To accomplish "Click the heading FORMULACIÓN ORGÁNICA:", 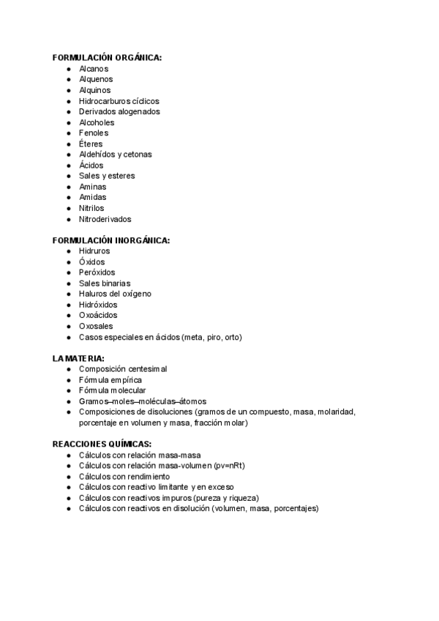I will coord(107,57).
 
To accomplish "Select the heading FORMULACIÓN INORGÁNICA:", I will coord(111,240).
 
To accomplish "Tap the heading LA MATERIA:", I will coord(78,358).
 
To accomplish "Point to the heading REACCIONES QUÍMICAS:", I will coord(102,444).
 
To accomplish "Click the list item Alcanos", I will coord(94,68).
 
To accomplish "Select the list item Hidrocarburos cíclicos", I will coord(119,100).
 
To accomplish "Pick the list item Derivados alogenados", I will coord(119,111).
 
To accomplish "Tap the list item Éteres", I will coord(91,144).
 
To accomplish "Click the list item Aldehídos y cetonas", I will coord(116,155).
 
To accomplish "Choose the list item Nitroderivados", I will coord(105,219).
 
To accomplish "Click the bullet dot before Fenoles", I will coord(68,133).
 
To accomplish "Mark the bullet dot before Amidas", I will coord(68,197).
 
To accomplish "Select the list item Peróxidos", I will coord(97,272).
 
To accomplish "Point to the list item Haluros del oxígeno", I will coord(116,294).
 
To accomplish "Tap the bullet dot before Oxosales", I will coord(68,326).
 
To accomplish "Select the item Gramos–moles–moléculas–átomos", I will coord(143,401).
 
